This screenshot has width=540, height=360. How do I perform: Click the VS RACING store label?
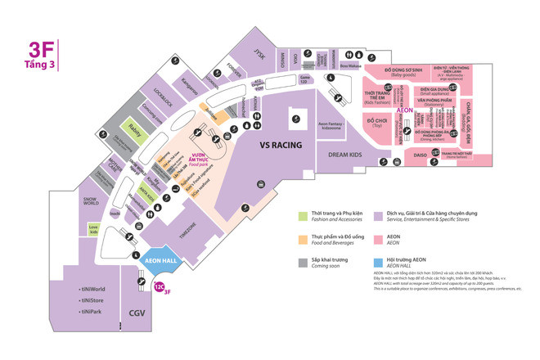pyautogui.click(x=281, y=145)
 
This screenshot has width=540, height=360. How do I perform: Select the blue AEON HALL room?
pyautogui.click(x=160, y=262)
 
